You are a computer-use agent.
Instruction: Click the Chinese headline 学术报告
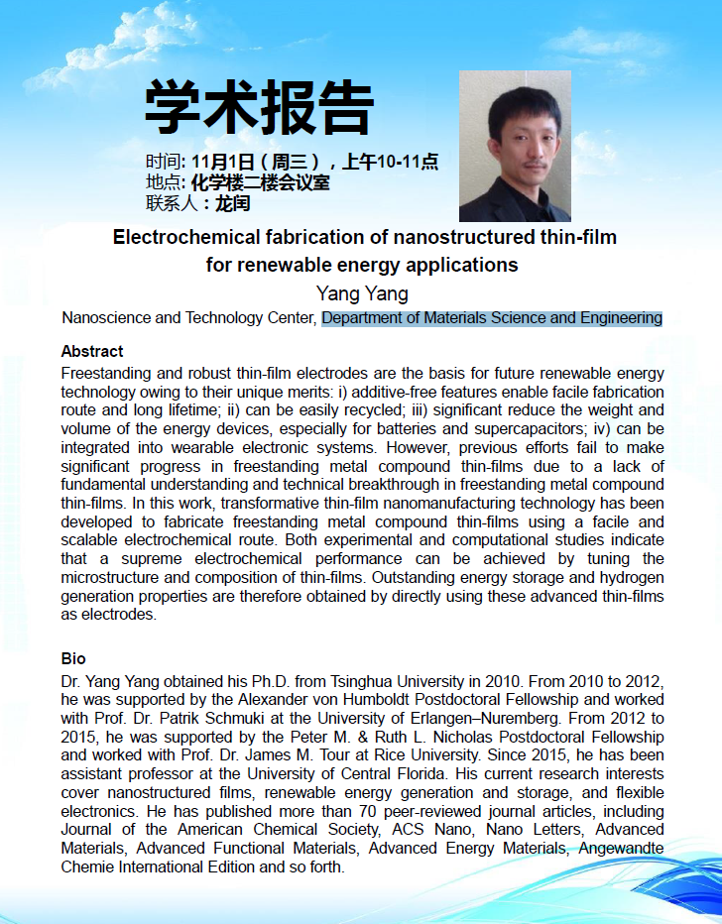click(260, 106)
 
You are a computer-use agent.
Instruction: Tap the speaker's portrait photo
click(515, 146)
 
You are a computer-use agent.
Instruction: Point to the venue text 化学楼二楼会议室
click(261, 183)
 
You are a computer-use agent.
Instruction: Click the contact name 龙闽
click(232, 204)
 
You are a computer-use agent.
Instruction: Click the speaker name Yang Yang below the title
click(361, 293)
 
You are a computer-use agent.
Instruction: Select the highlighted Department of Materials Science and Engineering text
click(492, 318)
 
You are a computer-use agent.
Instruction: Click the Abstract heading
click(92, 351)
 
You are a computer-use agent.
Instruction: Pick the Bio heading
click(73, 659)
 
